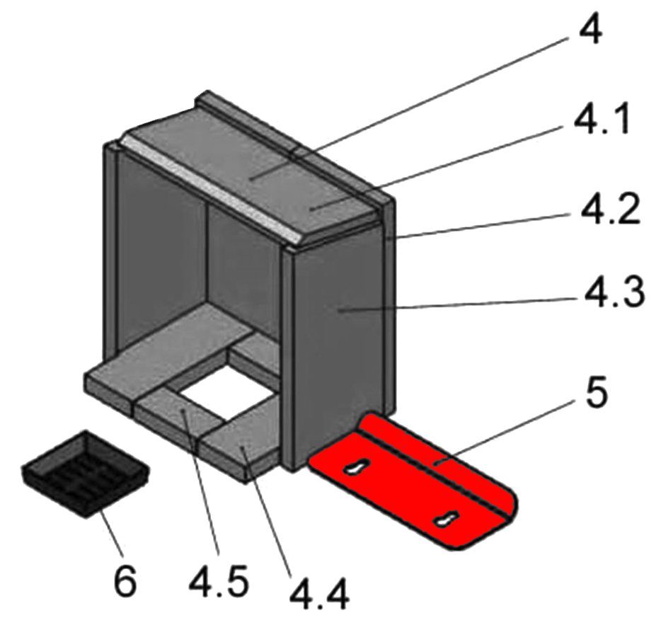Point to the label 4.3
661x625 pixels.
pos(614,291)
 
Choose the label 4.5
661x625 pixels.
pos(219,580)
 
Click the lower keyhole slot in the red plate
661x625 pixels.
pos(447,519)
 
